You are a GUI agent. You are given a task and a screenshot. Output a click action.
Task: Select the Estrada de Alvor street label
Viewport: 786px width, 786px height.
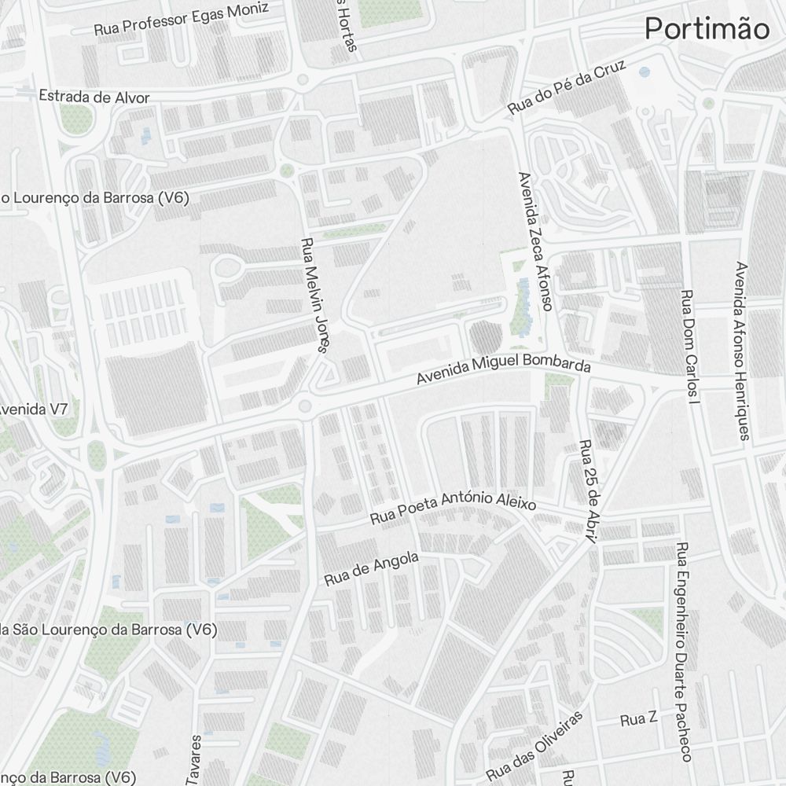tap(94, 97)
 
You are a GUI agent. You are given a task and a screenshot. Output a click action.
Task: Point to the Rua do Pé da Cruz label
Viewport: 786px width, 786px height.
tap(566, 87)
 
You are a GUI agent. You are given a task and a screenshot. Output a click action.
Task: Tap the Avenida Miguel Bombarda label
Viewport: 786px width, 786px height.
tap(503, 371)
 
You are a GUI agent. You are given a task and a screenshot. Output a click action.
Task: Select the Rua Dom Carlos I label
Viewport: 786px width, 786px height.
tap(689, 347)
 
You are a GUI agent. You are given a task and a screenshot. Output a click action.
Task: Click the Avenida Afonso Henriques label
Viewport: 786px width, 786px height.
tap(740, 350)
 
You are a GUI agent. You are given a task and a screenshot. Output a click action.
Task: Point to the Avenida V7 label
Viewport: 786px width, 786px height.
tap(34, 409)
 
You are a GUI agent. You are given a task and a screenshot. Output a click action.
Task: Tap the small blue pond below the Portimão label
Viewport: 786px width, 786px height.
tap(645, 72)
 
